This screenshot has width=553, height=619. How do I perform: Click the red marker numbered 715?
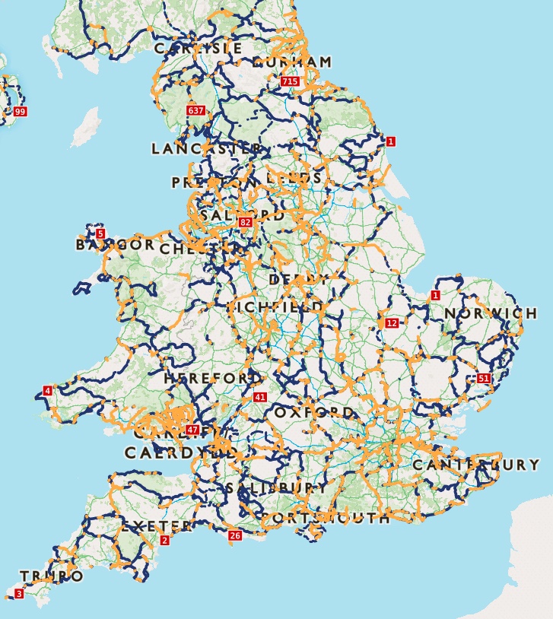pyautogui.click(x=289, y=81)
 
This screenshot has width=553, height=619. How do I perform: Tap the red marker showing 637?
pyautogui.click(x=195, y=110)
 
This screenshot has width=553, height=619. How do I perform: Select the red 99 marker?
pyautogui.click(x=20, y=112)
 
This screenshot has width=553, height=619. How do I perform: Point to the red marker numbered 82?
pyautogui.click(x=245, y=222)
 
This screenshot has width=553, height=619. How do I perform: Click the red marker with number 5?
pyautogui.click(x=100, y=233)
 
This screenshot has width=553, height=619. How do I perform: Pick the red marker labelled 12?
pyautogui.click(x=392, y=323)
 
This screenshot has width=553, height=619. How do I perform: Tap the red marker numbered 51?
pyautogui.click(x=485, y=378)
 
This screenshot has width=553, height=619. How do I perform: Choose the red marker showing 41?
pyautogui.click(x=261, y=397)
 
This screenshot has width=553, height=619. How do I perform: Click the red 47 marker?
pyautogui.click(x=192, y=430)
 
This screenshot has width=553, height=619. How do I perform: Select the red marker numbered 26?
pyautogui.click(x=235, y=536)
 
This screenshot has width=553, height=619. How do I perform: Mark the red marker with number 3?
pyautogui.click(x=19, y=593)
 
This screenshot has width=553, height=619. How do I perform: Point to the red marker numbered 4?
pyautogui.click(x=48, y=390)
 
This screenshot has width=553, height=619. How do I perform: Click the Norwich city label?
pyautogui.click(x=491, y=313)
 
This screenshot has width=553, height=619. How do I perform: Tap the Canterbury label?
pyautogui.click(x=476, y=464)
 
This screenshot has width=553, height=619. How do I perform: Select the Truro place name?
pyautogui.click(x=51, y=576)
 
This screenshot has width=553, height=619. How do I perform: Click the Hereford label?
pyautogui.click(x=213, y=378)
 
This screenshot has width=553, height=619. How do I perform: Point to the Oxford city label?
pyautogui.click(x=313, y=412)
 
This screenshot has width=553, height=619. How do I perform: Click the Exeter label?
pyautogui.click(x=157, y=526)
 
